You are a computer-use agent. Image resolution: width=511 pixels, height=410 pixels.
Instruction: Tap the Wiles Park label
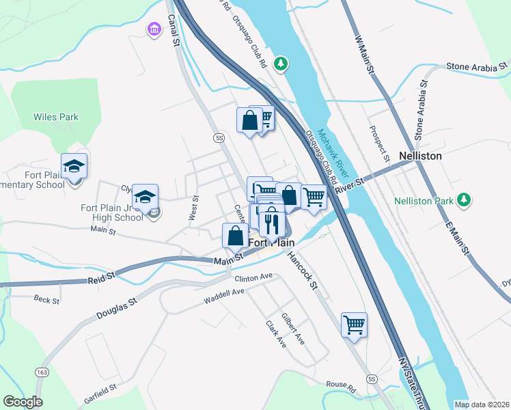point(56,117)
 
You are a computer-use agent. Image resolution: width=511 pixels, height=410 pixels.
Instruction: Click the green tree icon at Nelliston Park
point(465,200)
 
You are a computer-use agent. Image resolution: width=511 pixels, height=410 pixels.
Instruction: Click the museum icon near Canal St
point(154,29)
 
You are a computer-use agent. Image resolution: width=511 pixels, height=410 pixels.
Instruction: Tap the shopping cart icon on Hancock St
point(354,325)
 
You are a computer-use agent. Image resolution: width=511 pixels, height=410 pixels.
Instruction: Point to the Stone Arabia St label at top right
point(477,66)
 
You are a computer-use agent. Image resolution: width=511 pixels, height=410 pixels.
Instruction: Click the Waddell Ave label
point(224,296)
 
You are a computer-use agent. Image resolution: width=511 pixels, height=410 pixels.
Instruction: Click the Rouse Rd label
point(341,387)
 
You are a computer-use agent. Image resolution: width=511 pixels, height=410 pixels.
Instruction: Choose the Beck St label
point(47,299)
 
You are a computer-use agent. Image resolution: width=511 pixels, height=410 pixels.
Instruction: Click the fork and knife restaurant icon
point(272,222)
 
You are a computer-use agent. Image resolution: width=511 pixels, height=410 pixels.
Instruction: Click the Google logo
point(23,402)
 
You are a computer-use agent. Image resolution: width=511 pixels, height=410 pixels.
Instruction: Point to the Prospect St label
point(379,144)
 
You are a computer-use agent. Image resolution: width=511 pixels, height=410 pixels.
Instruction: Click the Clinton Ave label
point(253,277)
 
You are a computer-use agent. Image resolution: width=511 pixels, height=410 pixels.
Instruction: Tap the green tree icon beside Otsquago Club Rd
point(280,64)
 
